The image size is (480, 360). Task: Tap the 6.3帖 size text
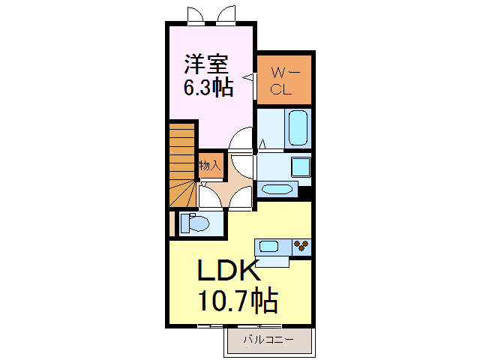click(x=208, y=88)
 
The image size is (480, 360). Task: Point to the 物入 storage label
click(x=210, y=165)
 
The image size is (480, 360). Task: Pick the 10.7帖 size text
click(x=238, y=301)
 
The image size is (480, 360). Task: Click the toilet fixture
click(x=196, y=223)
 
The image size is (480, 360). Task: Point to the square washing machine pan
click(x=299, y=166)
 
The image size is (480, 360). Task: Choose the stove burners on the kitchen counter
click(x=301, y=244)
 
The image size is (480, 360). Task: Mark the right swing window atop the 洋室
click(x=226, y=16)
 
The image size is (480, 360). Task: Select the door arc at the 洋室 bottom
click(x=241, y=139)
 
